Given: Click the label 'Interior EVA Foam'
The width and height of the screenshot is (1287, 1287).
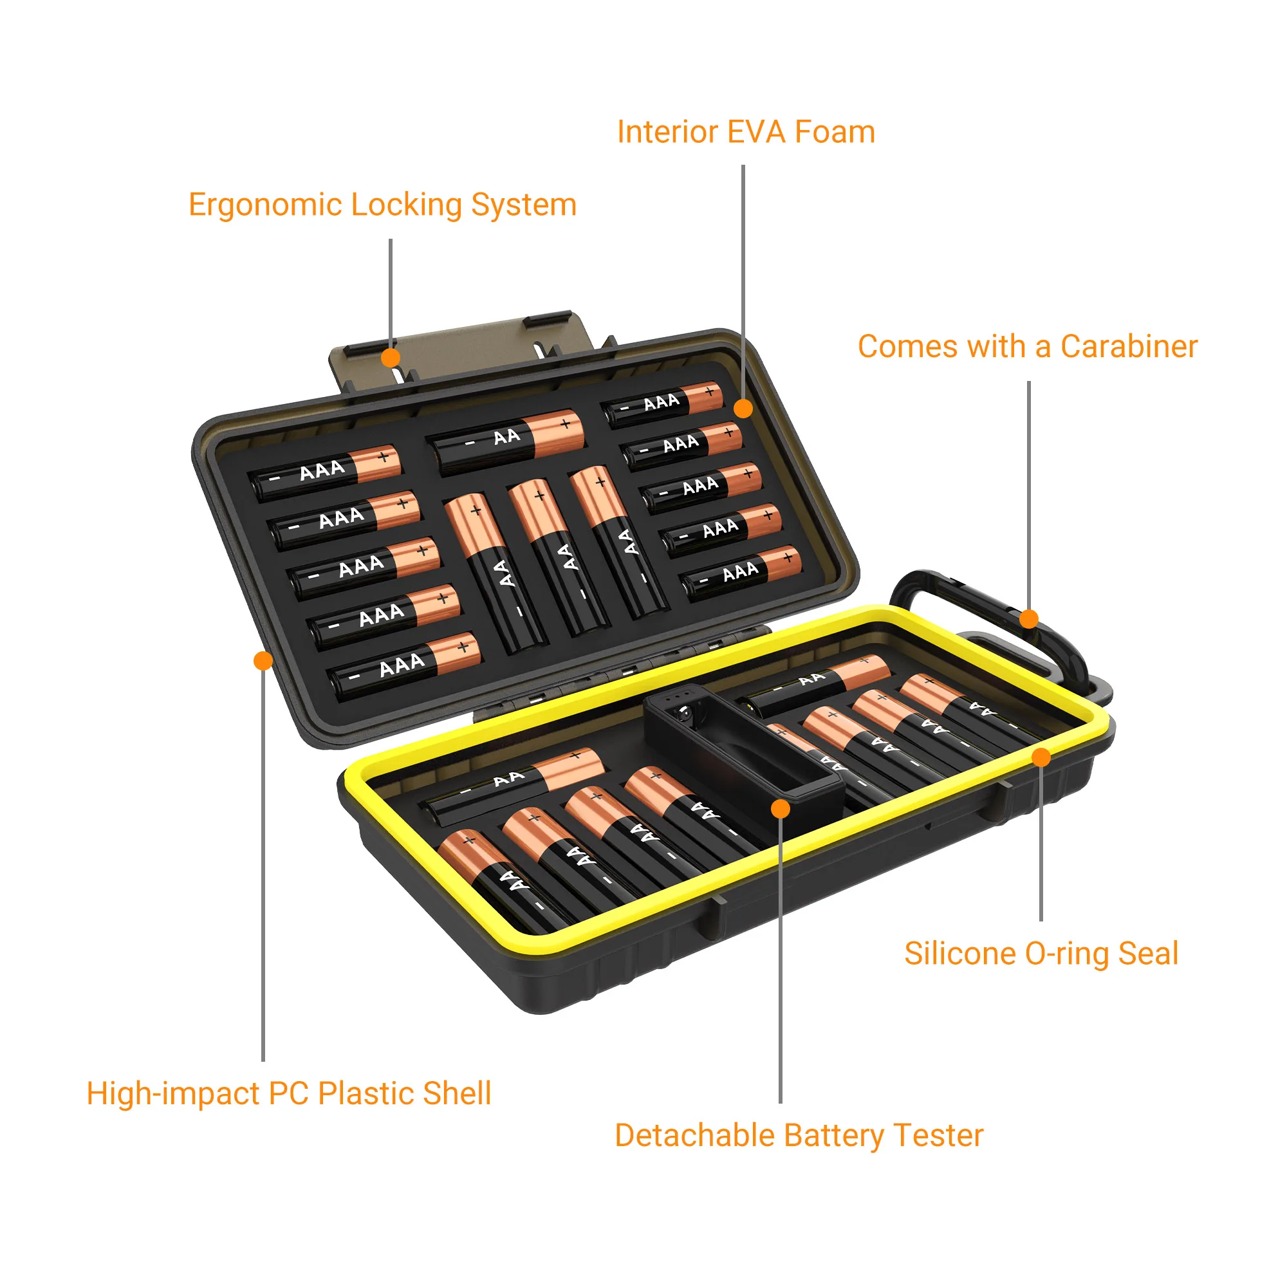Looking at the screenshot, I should [x=745, y=132].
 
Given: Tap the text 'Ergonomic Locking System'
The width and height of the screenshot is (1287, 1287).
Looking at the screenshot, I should [x=382, y=205].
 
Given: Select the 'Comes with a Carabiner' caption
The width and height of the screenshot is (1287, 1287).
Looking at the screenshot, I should [x=1027, y=346].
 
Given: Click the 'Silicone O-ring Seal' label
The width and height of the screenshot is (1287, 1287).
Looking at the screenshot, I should [x=1041, y=953].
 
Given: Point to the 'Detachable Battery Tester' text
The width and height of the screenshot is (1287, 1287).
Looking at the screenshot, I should [x=799, y=1135].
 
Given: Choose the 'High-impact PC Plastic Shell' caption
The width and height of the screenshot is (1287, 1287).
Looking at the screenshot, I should [x=288, y=1093].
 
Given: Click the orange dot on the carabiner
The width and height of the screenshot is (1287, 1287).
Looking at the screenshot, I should [x=1029, y=619].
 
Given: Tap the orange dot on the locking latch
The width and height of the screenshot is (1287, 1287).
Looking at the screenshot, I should [x=391, y=358].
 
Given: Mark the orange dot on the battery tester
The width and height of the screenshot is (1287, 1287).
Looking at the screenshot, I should [x=781, y=809].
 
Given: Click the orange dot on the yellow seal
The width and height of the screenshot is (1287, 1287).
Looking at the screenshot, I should [x=1041, y=757].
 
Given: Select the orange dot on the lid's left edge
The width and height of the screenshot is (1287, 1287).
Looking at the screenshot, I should [x=263, y=661].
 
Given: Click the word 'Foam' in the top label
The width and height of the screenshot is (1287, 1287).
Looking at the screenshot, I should [x=835, y=132].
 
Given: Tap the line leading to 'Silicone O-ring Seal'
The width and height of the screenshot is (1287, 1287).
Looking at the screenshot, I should [x=1041, y=846].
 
